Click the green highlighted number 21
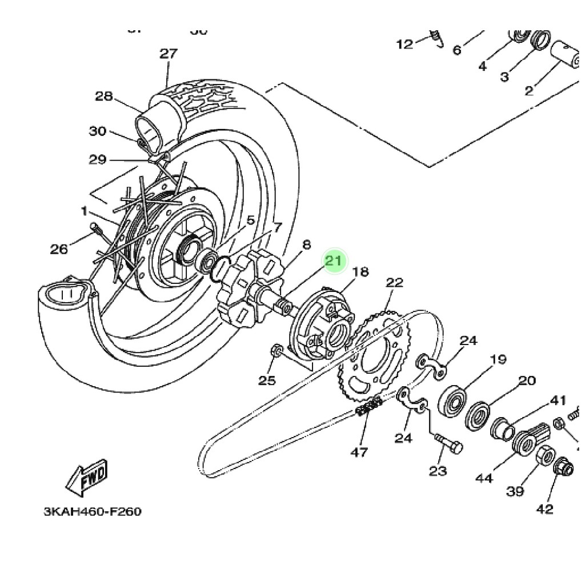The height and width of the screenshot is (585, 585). (x=333, y=261)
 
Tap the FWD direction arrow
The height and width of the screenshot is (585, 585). (x=87, y=478)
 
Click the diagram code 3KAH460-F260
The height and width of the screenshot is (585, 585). (x=93, y=511)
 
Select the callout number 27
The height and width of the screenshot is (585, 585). (x=169, y=54)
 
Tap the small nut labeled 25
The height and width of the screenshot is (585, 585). (x=275, y=350)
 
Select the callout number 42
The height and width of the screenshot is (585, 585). (x=545, y=508)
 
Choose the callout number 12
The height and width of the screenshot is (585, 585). (x=404, y=44)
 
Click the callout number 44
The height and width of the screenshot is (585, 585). (x=484, y=478)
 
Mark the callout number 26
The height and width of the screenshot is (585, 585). (x=59, y=249)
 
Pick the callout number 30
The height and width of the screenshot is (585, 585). (x=98, y=131)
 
